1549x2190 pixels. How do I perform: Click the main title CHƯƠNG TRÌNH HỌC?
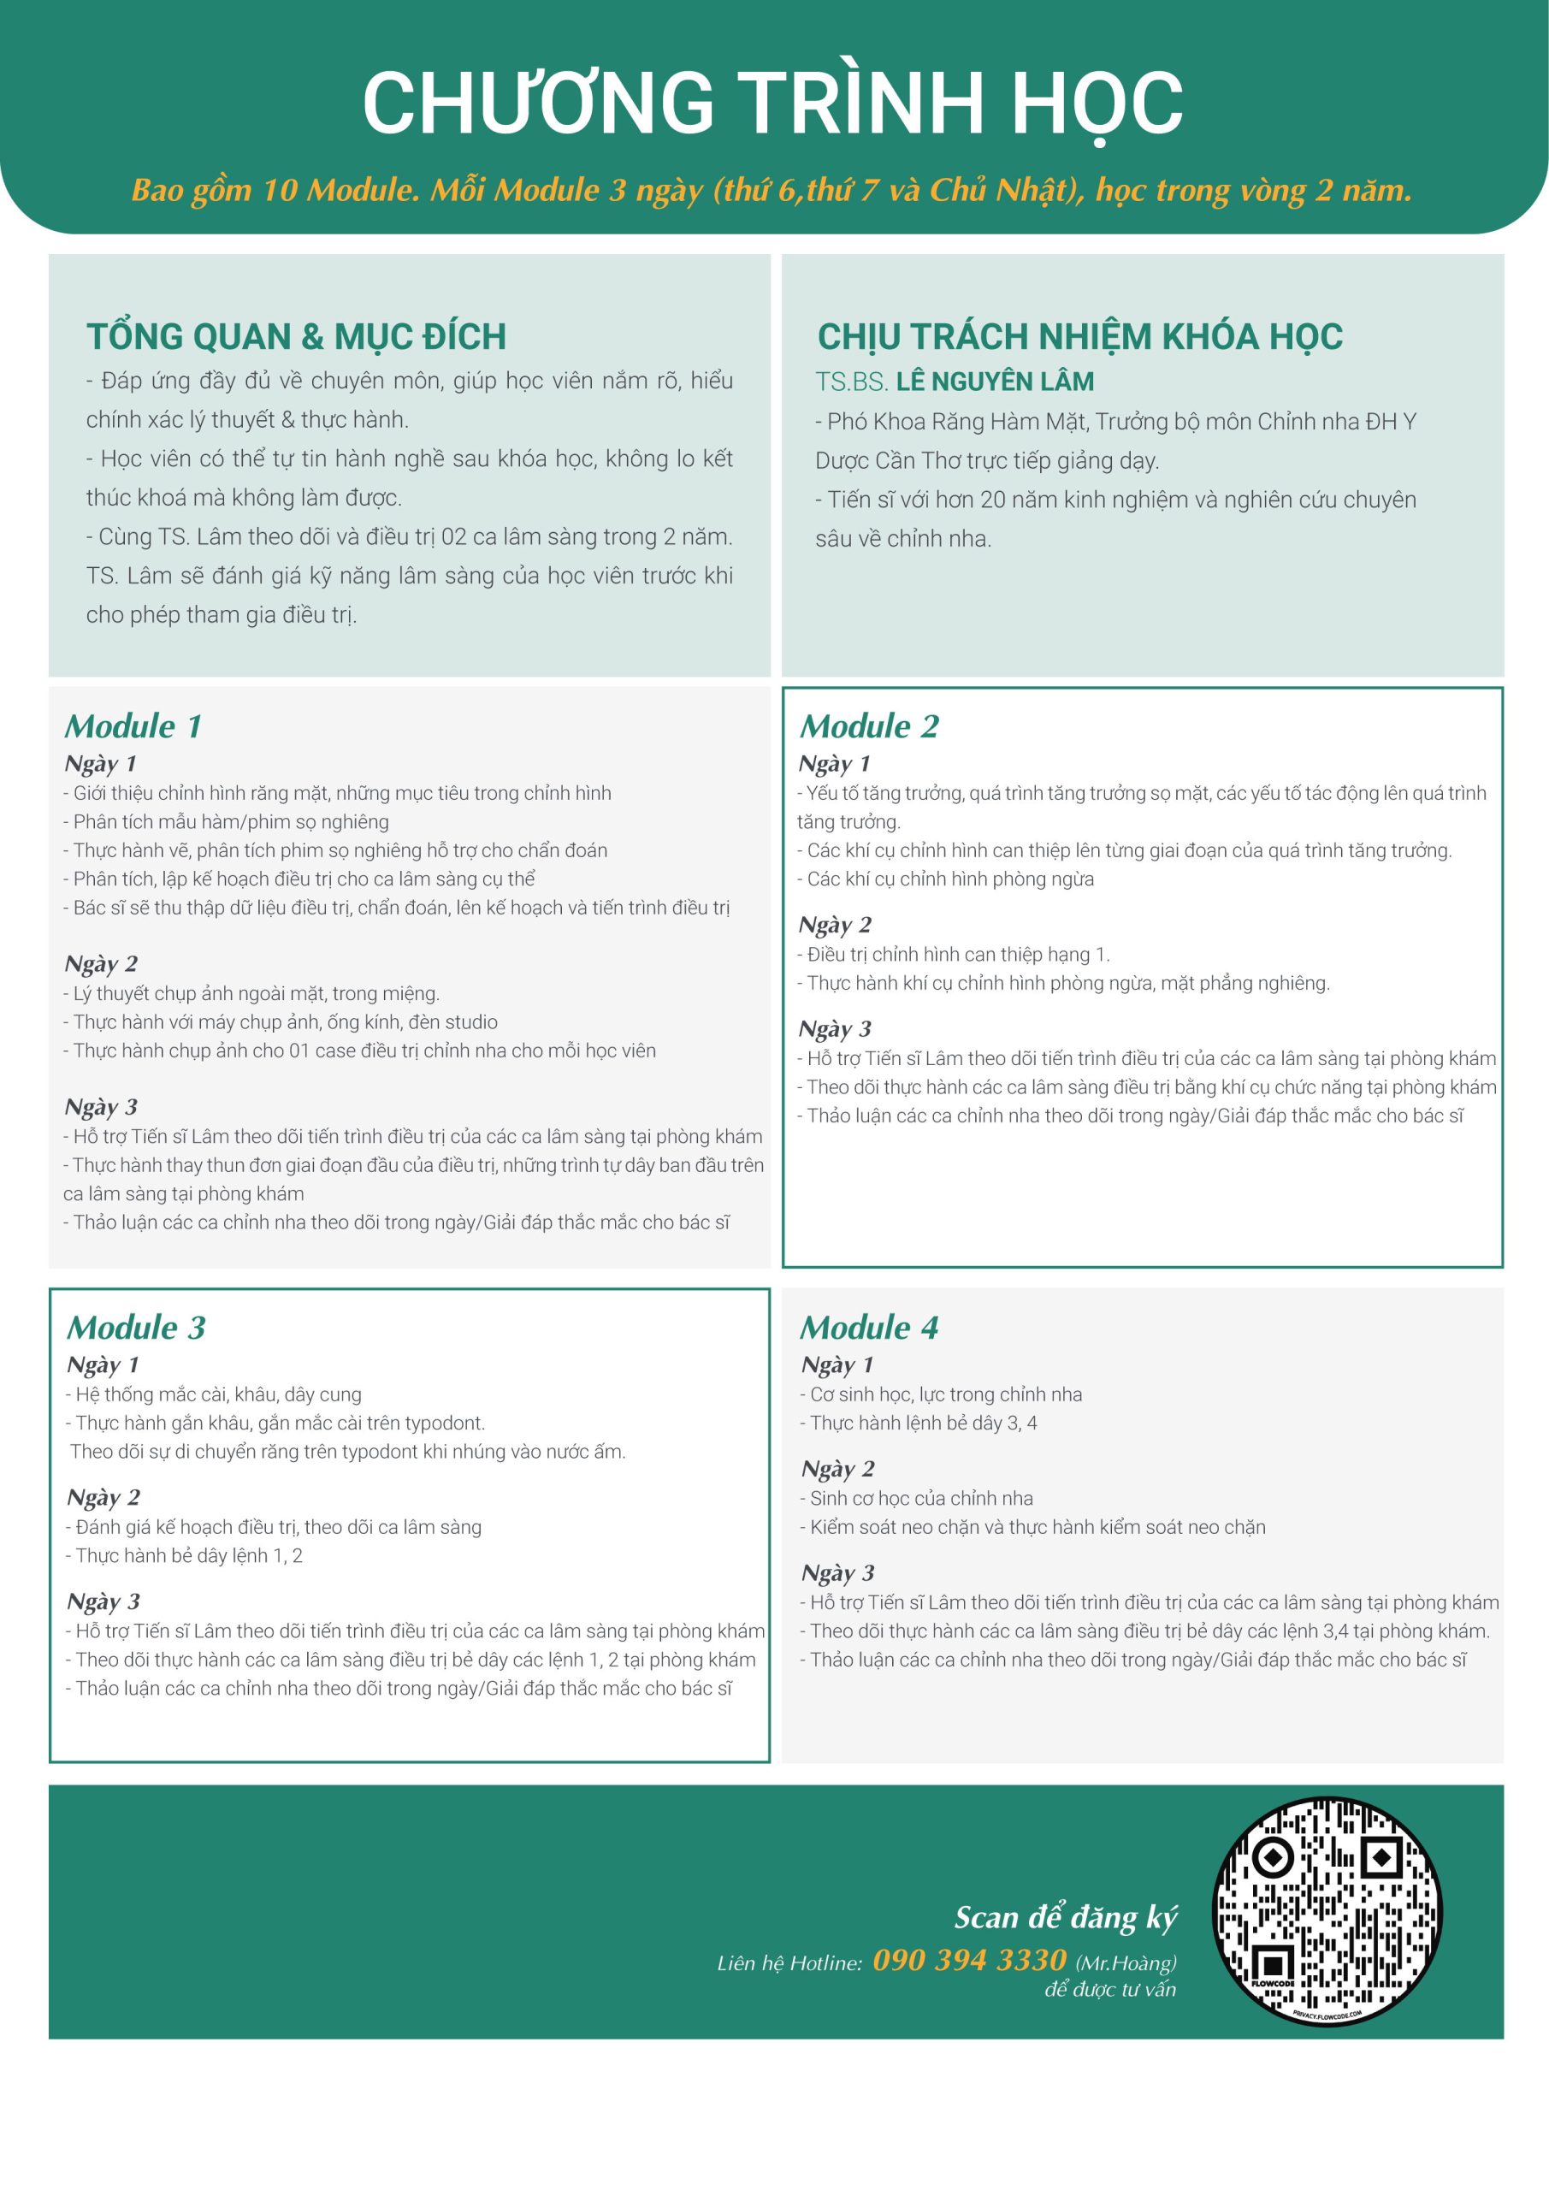(x=772, y=103)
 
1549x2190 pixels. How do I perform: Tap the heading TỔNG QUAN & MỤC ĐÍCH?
(x=296, y=337)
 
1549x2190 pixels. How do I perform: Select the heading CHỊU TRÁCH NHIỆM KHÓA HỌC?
(x=1079, y=337)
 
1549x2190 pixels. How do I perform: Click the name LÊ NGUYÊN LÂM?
(x=995, y=382)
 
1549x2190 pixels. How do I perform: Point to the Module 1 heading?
(x=133, y=727)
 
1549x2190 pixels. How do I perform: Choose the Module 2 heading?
(x=869, y=727)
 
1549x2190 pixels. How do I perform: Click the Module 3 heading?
(x=136, y=1328)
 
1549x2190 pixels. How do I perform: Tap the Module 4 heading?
(x=869, y=1328)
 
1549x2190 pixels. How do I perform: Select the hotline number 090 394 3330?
(x=969, y=1959)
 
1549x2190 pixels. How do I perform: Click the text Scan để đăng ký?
(x=1066, y=1917)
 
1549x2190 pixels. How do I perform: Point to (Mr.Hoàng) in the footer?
(x=1126, y=1963)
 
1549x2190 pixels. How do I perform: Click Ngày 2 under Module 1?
(x=101, y=964)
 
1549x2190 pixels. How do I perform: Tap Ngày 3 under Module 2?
(x=835, y=1029)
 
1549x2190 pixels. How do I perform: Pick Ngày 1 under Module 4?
(x=837, y=1365)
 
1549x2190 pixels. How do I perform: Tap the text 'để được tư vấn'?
(x=1110, y=1990)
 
